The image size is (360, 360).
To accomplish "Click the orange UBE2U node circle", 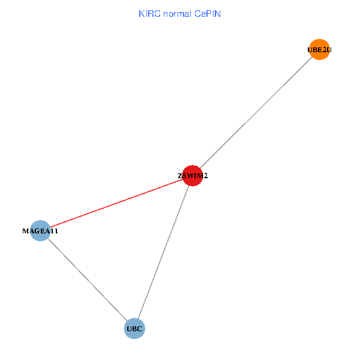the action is [319, 50].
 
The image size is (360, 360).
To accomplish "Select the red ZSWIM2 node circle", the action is [192, 176].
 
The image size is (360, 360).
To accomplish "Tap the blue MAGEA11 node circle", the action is [40, 230].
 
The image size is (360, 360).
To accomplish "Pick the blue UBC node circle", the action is [134, 329].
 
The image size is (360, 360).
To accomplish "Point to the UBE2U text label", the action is [319, 50].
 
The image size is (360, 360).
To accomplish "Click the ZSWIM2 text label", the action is [193, 176].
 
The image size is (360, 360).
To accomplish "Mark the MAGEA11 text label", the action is [40, 231].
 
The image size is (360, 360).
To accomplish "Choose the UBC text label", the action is [134, 329].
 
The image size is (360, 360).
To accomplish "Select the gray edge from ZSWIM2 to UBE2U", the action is [256, 113].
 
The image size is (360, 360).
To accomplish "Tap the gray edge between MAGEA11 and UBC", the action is [87, 280].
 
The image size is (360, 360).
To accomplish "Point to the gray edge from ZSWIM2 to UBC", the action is [163, 252].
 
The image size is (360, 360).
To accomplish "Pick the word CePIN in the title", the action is [208, 13].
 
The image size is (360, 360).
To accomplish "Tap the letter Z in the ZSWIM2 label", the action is [179, 176].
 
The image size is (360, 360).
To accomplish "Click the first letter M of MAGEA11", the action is [25, 231].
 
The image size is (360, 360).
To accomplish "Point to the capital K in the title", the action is [141, 13].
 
